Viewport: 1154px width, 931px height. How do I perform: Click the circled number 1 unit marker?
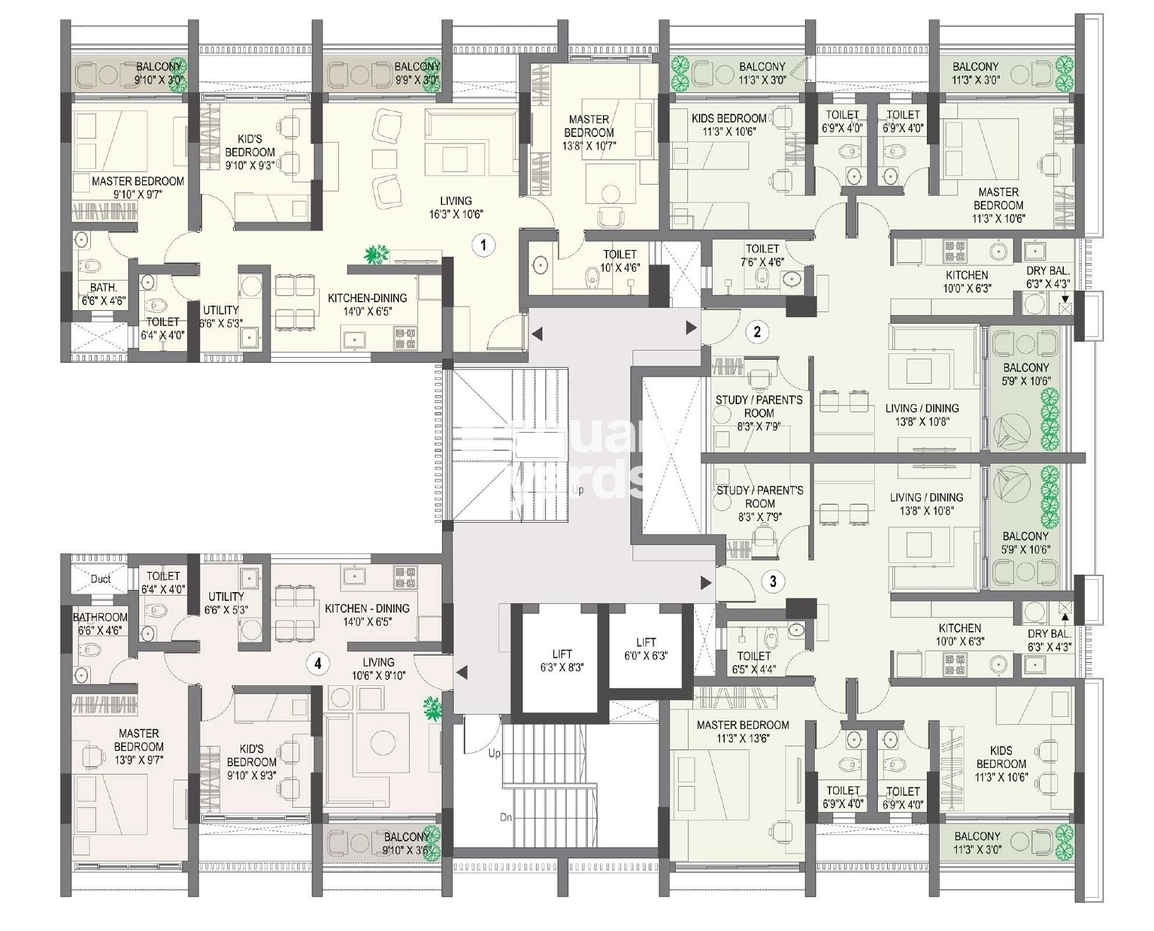click(x=483, y=245)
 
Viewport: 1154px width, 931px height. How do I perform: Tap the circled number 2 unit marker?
click(x=757, y=332)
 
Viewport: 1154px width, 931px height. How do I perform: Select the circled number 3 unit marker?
click(x=773, y=581)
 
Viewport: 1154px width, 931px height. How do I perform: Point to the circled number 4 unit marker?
click(x=318, y=663)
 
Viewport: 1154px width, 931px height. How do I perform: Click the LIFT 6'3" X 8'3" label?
click(x=563, y=661)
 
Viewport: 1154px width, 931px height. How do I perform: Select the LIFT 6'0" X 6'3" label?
click(x=646, y=649)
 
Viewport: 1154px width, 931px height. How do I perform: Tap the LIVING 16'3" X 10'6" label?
click(x=456, y=208)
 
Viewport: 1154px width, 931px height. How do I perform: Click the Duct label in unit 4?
click(x=100, y=579)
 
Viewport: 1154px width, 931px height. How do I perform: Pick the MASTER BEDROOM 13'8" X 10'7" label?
click(x=589, y=133)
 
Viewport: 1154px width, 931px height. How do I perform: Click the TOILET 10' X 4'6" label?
click(x=620, y=260)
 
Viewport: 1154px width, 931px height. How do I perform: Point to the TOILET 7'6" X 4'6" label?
click(x=762, y=255)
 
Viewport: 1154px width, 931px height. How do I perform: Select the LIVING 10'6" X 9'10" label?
click(x=379, y=669)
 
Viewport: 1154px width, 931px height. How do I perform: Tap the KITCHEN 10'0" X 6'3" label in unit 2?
click(x=966, y=281)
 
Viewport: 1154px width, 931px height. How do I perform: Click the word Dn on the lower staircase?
click(x=506, y=818)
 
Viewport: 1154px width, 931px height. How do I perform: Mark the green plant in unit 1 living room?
click(x=376, y=254)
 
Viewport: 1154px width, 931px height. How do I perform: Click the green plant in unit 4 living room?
click(x=433, y=709)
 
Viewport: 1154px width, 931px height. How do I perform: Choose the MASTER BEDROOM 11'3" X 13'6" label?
click(x=742, y=731)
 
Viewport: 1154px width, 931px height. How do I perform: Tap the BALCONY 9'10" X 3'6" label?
click(x=406, y=843)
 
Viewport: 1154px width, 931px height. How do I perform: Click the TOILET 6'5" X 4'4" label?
click(x=754, y=662)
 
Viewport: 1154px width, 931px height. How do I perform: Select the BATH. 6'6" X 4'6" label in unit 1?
click(x=104, y=294)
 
